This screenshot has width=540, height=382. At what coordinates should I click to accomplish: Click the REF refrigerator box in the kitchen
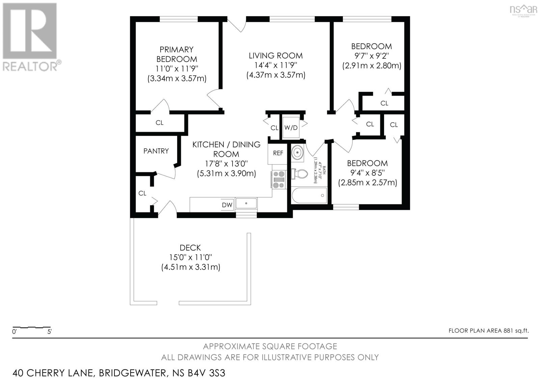[278, 153]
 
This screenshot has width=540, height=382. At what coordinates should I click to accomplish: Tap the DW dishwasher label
[227, 205]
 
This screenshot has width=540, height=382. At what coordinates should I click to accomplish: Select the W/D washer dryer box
[291, 128]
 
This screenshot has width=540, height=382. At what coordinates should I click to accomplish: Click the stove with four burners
[279, 179]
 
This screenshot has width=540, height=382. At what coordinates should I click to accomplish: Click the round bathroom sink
[297, 152]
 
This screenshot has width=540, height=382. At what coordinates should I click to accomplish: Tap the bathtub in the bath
[309, 196]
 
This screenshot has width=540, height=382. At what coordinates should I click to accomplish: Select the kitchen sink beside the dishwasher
[246, 203]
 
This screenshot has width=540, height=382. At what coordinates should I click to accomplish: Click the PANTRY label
[156, 151]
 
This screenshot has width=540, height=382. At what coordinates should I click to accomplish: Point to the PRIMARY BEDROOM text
[177, 54]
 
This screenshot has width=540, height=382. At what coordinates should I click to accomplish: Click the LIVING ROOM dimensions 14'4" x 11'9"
[276, 65]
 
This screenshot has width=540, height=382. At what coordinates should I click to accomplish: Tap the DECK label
[190, 248]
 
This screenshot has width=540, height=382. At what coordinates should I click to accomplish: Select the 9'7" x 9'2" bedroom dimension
[372, 56]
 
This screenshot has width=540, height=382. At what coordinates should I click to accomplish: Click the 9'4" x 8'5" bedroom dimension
[368, 173]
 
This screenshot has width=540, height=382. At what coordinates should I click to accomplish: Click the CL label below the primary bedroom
[160, 123]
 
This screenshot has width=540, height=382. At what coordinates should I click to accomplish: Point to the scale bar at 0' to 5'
[31, 327]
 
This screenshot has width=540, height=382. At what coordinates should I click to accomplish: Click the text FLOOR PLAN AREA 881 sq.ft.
[488, 331]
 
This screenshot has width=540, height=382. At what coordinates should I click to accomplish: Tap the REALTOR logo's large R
[30, 31]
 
